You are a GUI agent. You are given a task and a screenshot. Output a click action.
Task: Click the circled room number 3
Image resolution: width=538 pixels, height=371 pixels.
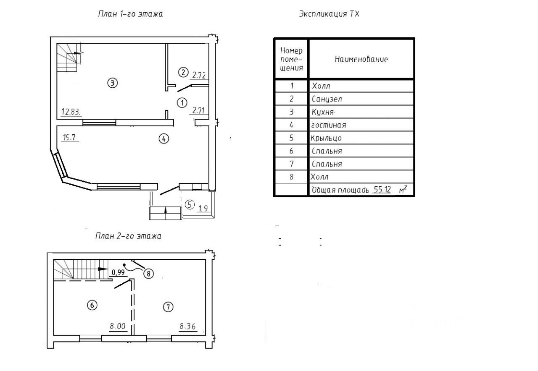coord(112,83)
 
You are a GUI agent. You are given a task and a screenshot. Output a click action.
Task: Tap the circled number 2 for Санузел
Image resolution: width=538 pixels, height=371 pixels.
coord(183,72)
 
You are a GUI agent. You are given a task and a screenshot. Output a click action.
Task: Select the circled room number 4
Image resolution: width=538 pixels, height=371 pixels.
coord(164,138)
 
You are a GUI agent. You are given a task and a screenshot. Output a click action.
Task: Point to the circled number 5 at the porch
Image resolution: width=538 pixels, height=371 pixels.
coord(190,205)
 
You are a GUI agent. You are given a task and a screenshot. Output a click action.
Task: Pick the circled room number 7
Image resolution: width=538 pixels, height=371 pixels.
coord(168,307)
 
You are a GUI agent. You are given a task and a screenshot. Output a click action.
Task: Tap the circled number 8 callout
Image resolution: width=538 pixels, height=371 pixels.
coord(148,273)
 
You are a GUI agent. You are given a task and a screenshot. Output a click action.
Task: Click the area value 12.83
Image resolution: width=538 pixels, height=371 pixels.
coord(71,112)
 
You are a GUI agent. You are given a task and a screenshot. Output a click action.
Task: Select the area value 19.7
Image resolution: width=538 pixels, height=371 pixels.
coord(70,138)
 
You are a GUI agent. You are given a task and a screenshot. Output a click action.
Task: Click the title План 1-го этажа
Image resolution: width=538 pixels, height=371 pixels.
coord(130,14)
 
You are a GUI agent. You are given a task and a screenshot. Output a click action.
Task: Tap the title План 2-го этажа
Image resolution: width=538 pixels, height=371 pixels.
coord(128,236)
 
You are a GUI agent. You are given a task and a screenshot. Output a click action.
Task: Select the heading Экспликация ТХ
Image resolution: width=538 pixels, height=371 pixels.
coord(329,14)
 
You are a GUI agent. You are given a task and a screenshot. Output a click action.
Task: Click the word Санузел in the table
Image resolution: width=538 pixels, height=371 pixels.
coord(327,99)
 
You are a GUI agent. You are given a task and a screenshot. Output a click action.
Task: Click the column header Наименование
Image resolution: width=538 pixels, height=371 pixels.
coord(361,59)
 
